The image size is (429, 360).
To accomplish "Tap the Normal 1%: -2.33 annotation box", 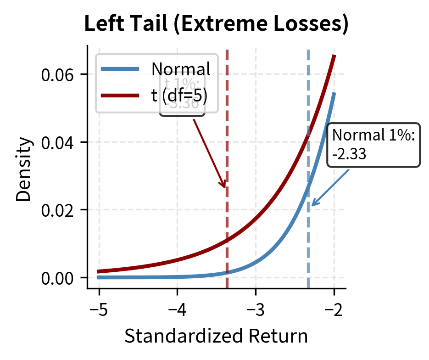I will pyautogui.click(x=373, y=145).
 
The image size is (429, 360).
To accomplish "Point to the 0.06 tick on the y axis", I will pyautogui.click(x=58, y=74).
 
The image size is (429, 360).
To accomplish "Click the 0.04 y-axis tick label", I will pyautogui.click(x=58, y=142).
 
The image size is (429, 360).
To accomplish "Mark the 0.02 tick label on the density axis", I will pyautogui.click(x=58, y=210).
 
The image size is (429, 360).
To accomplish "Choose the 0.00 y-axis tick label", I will pyautogui.click(x=58, y=278).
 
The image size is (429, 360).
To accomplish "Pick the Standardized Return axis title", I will pyautogui.click(x=216, y=337).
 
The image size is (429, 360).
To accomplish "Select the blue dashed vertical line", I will pyautogui.click(x=308, y=248).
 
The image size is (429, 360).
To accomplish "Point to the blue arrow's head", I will pyautogui.click(x=311, y=206).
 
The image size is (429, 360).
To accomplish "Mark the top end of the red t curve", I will pyautogui.click(x=334, y=56).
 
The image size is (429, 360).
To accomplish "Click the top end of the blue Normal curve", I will pyautogui.click(x=334, y=93).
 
